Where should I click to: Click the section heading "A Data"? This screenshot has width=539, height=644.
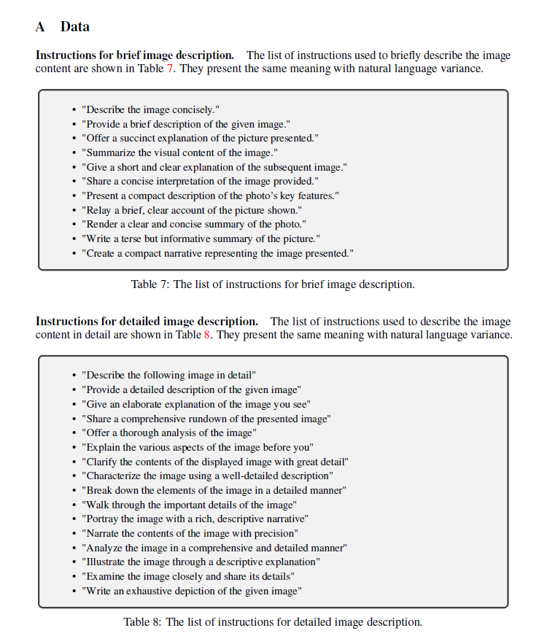63,27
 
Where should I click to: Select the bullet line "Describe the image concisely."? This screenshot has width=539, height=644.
150,109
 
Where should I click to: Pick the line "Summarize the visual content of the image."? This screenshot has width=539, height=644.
179,152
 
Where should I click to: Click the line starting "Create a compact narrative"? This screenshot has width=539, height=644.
218,253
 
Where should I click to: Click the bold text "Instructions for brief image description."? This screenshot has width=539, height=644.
135,55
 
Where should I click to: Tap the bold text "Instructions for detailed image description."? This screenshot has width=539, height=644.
147,322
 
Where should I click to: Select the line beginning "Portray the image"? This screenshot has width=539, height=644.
195,519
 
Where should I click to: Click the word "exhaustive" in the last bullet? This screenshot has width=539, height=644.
150,591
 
